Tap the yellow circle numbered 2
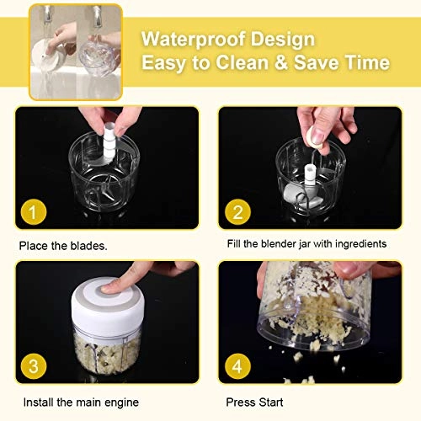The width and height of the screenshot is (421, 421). point(238,213)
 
